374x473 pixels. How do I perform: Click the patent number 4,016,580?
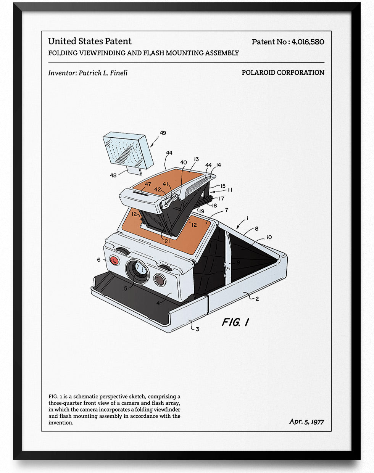point(308,42)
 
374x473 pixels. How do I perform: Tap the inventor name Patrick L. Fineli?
point(103,73)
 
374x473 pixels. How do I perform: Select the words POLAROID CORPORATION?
point(283,72)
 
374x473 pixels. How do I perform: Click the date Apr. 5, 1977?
point(306,422)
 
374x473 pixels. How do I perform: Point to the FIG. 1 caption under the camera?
point(235,322)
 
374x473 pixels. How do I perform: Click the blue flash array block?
point(128,150)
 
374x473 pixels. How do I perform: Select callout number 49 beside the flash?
point(163,133)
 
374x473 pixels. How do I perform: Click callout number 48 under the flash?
point(113,175)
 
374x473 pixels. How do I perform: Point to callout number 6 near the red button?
point(98,260)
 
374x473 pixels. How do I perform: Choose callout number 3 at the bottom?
point(197,329)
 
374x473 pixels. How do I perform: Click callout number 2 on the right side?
point(257,299)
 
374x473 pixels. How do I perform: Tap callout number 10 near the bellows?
point(269,237)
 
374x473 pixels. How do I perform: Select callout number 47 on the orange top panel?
point(148,184)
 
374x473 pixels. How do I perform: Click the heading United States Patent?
point(90,41)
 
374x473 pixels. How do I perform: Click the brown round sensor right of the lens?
point(160,280)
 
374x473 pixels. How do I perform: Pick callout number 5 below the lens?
point(126,288)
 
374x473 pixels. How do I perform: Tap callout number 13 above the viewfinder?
point(196,159)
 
